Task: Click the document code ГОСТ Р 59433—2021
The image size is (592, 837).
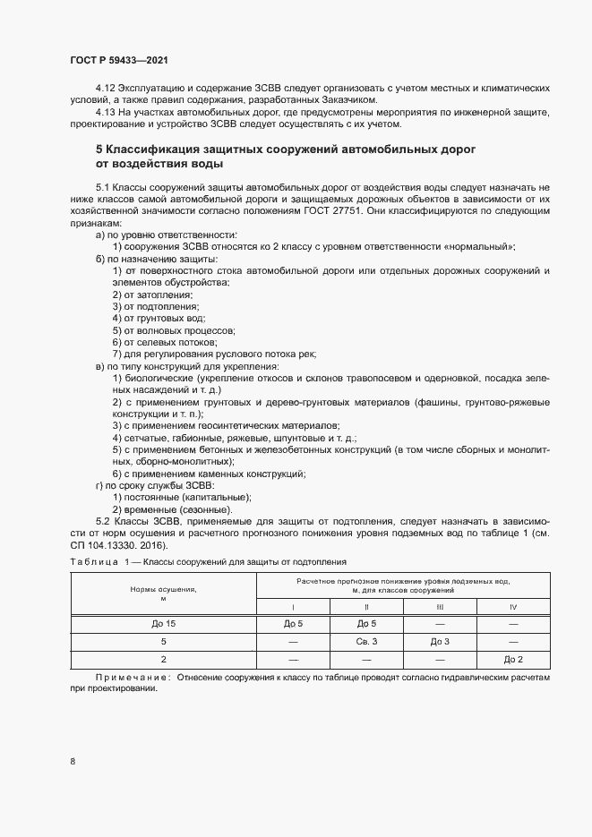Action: click(x=118, y=60)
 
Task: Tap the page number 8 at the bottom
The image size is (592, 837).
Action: click(x=73, y=762)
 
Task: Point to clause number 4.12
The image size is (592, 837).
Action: click(x=106, y=89)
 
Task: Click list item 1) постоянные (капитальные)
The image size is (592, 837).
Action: click(x=182, y=497)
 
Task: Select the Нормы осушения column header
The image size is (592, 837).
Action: click(x=164, y=593)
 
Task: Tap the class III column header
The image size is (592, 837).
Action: click(x=440, y=607)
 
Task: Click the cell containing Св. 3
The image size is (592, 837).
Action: click(x=366, y=642)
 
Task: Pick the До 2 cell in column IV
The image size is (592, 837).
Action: click(x=513, y=660)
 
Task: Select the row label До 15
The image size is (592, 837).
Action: click(x=164, y=624)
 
